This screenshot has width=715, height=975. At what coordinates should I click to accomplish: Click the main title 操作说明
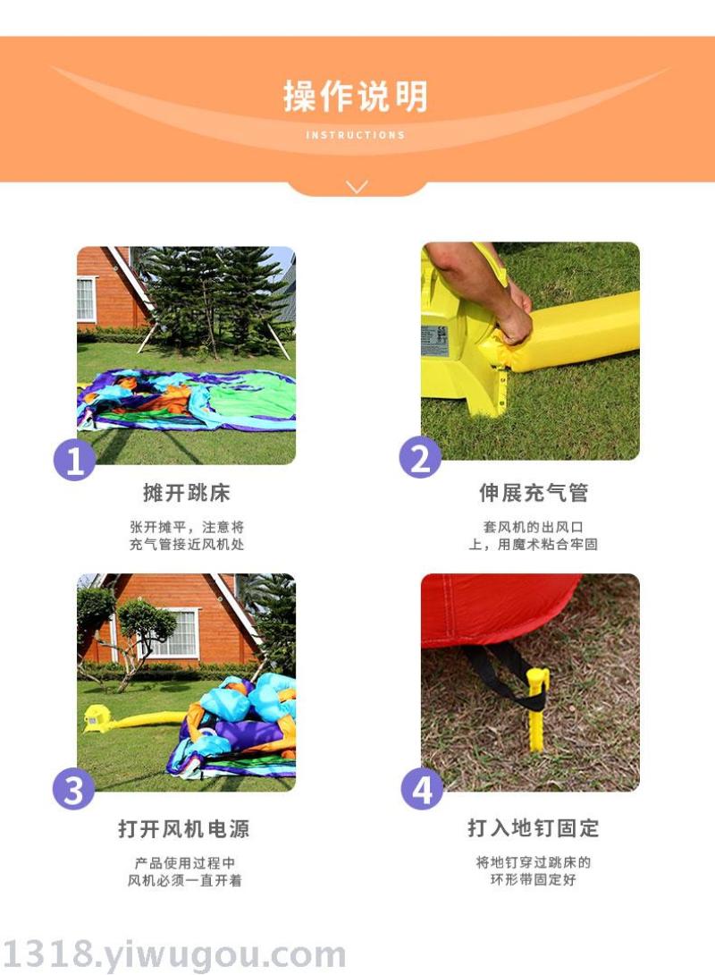[356, 97]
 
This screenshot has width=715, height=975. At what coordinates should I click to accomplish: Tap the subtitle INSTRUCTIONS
[356, 135]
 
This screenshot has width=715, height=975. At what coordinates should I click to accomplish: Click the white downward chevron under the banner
[357, 187]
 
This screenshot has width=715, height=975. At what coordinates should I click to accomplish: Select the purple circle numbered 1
[74, 461]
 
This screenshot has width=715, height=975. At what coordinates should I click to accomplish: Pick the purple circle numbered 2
[420, 458]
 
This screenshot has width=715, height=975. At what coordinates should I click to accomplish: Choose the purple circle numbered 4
[422, 789]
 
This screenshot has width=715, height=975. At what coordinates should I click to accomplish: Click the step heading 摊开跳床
[187, 493]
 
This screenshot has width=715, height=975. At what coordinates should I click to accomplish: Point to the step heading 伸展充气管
[533, 493]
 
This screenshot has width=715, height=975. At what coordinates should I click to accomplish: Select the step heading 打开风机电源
[184, 829]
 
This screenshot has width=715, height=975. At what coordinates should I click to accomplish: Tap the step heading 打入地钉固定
[533, 828]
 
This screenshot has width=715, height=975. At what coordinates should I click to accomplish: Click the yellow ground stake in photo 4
[537, 708]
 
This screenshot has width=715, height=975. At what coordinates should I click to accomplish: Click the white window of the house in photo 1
[87, 299]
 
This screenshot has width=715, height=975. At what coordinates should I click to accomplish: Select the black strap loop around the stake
[504, 679]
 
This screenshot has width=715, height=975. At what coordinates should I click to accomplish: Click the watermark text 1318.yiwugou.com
[174, 954]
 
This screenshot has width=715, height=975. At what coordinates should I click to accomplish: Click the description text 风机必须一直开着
[184, 880]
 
